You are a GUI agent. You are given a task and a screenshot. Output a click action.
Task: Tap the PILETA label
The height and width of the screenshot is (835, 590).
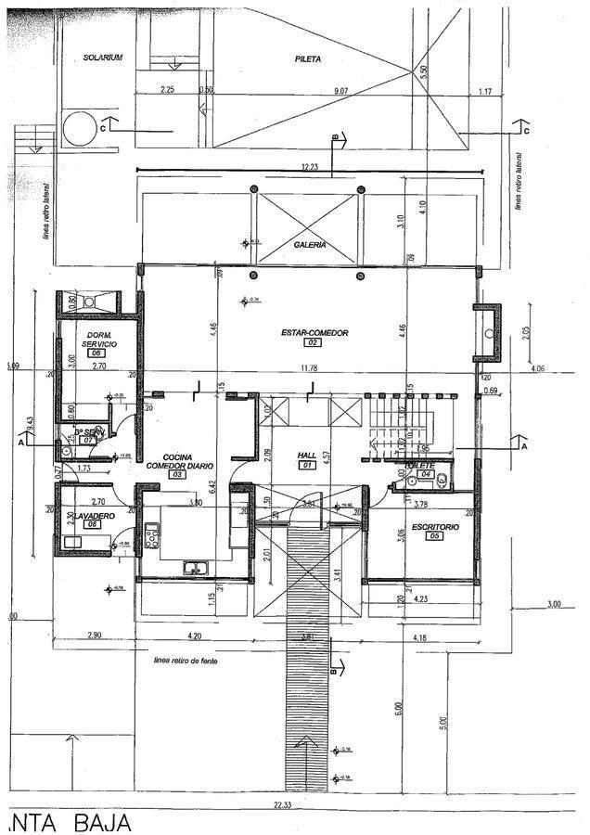[x=308, y=58]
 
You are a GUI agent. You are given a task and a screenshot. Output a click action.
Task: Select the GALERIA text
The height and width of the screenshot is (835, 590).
[x=310, y=245]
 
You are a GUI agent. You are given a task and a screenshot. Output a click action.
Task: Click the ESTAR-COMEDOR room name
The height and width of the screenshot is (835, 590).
[x=314, y=332]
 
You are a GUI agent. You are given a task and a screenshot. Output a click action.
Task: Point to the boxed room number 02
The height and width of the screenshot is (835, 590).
[x=313, y=343]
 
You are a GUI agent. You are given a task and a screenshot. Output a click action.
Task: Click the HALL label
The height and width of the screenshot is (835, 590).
[x=307, y=455]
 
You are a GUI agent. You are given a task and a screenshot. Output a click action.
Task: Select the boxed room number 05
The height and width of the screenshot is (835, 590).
[x=432, y=536]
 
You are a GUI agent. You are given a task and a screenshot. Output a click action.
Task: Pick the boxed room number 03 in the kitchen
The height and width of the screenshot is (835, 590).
[x=176, y=474]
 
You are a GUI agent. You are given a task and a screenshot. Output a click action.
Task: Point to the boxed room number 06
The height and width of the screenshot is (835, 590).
[x=95, y=353]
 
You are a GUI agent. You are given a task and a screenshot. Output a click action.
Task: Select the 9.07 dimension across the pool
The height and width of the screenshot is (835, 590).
[x=340, y=90]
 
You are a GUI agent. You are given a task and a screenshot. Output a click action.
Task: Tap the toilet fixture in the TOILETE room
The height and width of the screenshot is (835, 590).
[x=442, y=480]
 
